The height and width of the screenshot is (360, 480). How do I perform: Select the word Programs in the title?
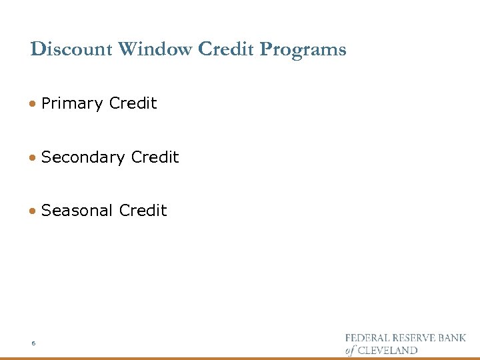click(x=303, y=50)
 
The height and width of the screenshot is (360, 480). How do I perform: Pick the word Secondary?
click(x=83, y=157)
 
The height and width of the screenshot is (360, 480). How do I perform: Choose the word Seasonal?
click(x=77, y=211)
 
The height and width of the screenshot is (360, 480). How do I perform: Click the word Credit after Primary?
click(x=133, y=103)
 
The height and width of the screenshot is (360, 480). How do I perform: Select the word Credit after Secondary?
click(x=155, y=157)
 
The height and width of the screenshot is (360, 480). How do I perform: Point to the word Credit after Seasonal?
click(x=143, y=210)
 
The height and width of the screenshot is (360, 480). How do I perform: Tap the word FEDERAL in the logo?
click(x=365, y=339)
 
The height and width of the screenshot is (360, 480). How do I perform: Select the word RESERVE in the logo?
click(x=415, y=339)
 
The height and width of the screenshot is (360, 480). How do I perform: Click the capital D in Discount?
click(x=37, y=49)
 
